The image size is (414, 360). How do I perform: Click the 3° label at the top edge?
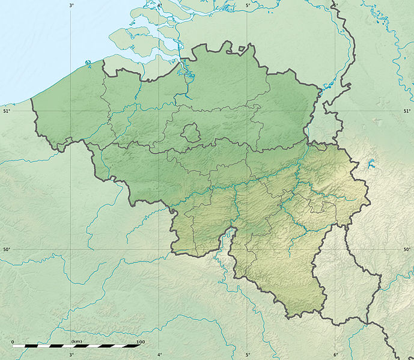coord(72,5)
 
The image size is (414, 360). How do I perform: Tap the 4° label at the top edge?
coord(159,5)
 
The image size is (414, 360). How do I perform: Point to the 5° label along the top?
coord(248,5)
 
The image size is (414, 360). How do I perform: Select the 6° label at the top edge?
coord(335,5)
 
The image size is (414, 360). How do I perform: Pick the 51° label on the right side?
coord(407,111)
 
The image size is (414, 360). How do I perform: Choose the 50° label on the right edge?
coord(407,249)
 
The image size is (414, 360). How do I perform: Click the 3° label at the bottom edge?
coord(72,355)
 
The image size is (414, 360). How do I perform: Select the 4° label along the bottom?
coord(159,355)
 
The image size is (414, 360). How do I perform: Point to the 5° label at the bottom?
coord(248,355)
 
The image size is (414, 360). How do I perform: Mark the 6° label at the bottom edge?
coord(335,355)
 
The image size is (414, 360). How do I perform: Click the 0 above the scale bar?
coord(13,341)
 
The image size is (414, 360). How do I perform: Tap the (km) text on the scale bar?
coord(76,341)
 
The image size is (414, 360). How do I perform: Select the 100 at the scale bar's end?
coord(140,342)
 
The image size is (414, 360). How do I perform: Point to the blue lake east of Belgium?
coord(370,163)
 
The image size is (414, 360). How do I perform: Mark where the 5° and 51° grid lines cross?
coord(248,111)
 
